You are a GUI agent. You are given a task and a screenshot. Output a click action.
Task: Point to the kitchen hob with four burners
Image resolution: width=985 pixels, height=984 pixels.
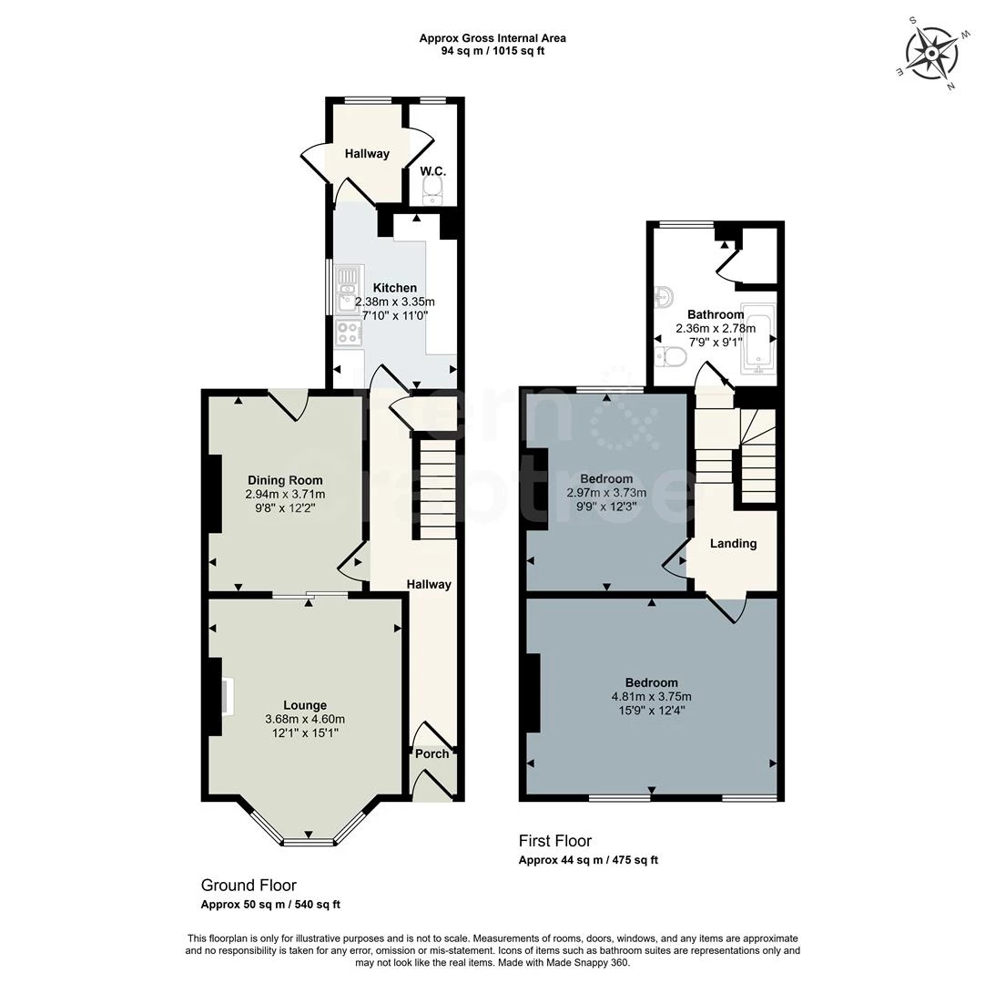pyautogui.click(x=348, y=333)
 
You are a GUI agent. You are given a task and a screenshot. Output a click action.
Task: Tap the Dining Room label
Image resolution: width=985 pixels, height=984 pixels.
pyautogui.click(x=285, y=480)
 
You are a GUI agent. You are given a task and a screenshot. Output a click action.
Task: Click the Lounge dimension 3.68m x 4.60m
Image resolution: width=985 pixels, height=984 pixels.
pyautogui.click(x=305, y=719)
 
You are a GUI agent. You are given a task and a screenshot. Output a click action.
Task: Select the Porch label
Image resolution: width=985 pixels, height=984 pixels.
pyautogui.click(x=432, y=753)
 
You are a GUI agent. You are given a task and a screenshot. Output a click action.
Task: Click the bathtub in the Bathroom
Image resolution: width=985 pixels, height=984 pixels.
pyautogui.click(x=757, y=341)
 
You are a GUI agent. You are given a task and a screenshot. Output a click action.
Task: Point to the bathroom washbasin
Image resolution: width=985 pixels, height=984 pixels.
pyautogui.click(x=664, y=296)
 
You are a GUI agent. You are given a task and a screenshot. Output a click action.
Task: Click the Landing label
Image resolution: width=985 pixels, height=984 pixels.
pyautogui.click(x=733, y=543)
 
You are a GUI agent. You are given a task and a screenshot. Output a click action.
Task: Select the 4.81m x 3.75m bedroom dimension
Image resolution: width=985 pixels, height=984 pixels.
pyautogui.click(x=651, y=697)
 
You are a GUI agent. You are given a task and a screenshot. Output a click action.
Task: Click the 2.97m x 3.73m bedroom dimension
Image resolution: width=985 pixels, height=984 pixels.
pyautogui.click(x=605, y=493)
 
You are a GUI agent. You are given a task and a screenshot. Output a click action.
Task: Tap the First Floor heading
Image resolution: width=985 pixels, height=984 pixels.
pyautogui.click(x=555, y=841)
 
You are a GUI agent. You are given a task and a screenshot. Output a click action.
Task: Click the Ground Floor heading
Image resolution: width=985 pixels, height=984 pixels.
pyautogui.click(x=249, y=885)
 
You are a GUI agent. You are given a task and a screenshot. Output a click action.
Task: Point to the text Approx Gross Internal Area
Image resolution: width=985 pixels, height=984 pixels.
pyautogui.click(x=492, y=38)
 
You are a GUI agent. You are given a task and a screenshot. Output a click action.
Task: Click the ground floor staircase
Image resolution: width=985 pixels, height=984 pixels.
pyautogui.click(x=435, y=492)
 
